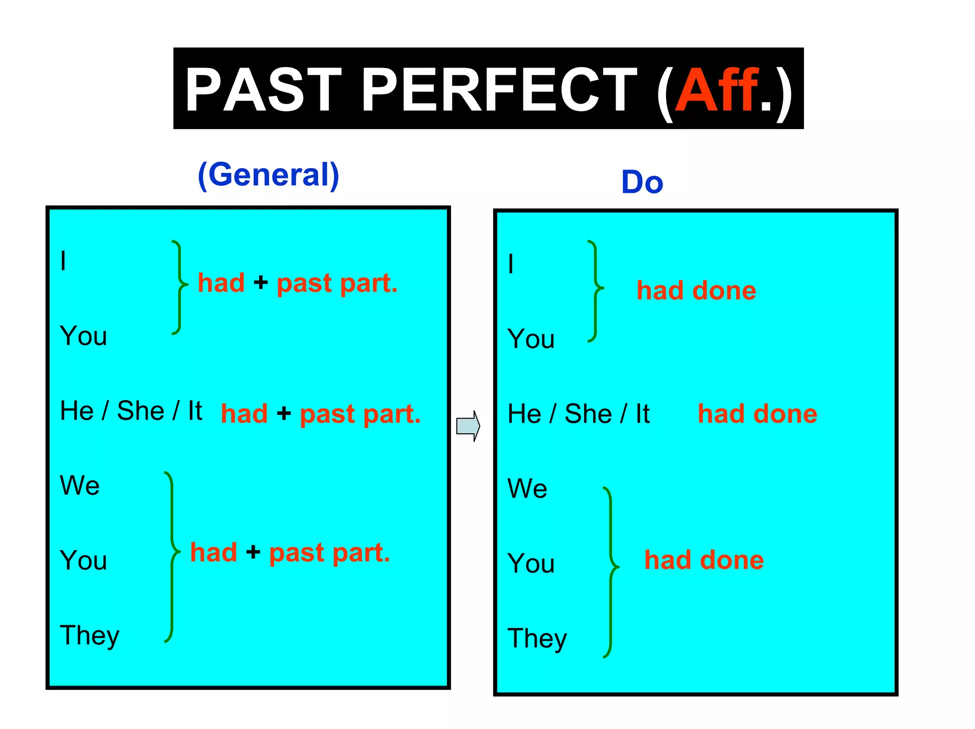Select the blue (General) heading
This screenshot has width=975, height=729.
coord(269,175)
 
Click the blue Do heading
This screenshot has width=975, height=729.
coord(642,182)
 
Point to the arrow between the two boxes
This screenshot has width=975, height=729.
coord(468,426)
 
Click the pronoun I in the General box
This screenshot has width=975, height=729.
coord(63,261)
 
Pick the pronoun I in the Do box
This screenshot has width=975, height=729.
coord(511,264)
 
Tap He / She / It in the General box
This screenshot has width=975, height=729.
coord(131,410)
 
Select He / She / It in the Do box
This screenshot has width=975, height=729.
coord(578,413)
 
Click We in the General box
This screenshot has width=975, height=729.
coord(80,486)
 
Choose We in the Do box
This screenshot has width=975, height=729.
coord(527,489)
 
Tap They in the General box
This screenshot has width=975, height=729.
coord(90,636)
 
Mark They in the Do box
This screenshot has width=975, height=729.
coord(537,639)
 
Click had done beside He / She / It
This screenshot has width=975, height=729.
coord(757,413)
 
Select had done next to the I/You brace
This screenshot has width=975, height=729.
coord(696,290)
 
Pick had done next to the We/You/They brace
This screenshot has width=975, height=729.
coord(704,560)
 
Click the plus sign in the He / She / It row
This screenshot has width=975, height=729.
coord(284,413)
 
